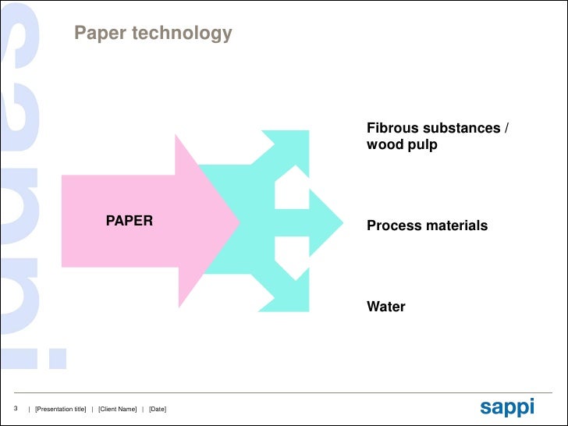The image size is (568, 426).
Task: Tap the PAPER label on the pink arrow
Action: [130, 221]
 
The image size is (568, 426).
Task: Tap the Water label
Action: [386, 307]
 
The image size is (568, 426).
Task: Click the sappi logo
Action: [507, 406]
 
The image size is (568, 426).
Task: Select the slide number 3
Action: [16, 409]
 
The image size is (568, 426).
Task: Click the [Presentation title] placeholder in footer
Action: [61, 410]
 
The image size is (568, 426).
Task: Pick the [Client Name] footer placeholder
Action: [117, 410]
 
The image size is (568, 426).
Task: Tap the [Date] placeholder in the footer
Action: [157, 410]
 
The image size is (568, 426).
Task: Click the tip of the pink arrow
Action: [236, 221]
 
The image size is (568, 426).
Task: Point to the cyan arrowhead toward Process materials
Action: [328, 222]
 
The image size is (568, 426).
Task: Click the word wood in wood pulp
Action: [384, 145]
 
